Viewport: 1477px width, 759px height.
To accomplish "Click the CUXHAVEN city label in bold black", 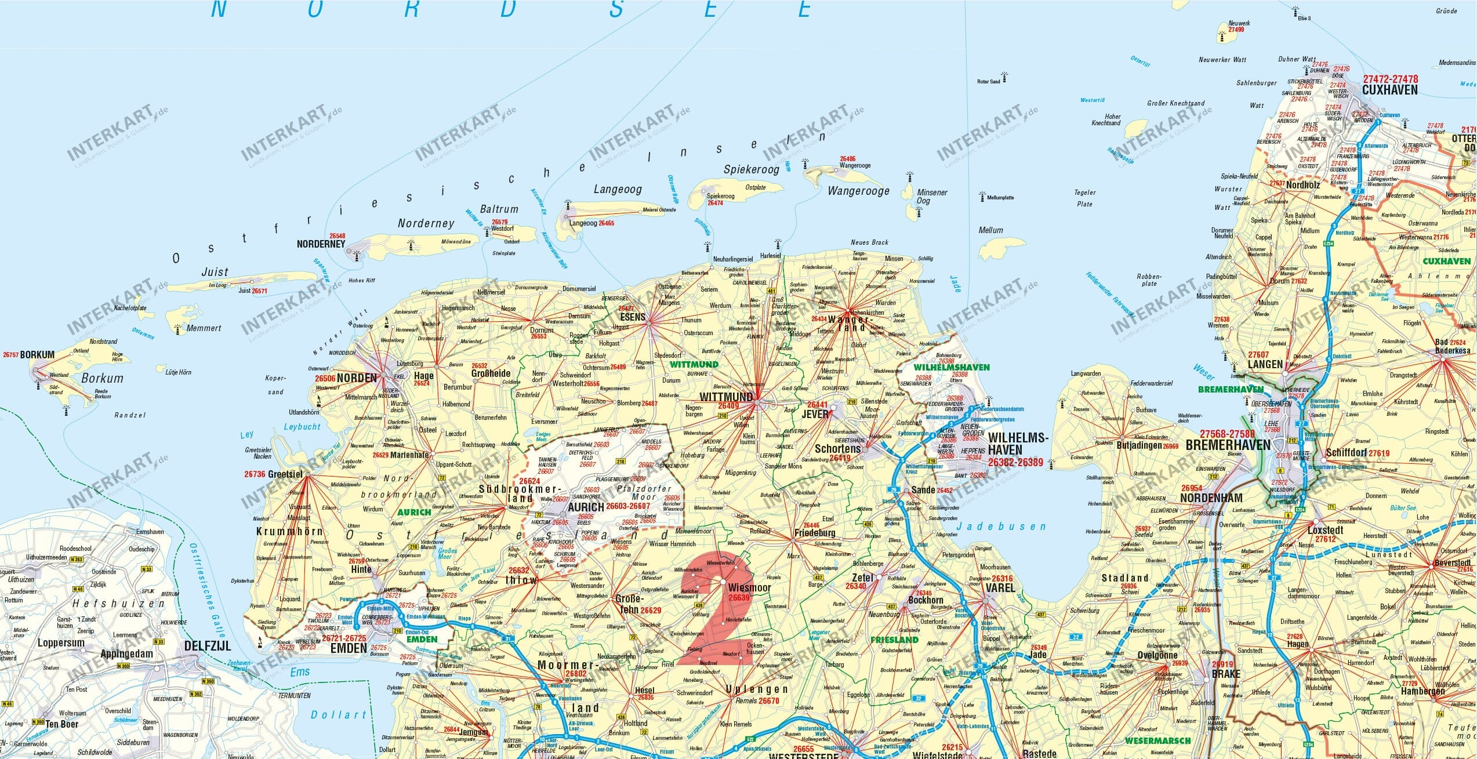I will pos(1389,90).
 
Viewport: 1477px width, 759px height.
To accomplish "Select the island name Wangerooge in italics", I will pos(858,191).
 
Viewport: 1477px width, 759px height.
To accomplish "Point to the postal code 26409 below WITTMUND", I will pos(728,406).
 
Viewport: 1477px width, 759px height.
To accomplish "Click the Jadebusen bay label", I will pos(1001,527).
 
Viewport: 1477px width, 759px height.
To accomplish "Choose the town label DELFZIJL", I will pos(208,646).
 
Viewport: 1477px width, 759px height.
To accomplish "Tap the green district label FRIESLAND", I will pos(894,640).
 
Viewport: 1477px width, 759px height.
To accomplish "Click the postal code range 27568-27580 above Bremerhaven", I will pos(1227,434).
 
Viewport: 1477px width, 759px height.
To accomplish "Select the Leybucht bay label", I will pos(302,427).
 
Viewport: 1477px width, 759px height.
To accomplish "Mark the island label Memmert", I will pos(204,328).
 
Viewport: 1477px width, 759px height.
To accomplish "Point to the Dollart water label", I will pos(339,714).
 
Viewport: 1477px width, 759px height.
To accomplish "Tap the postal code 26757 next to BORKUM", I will pos(10,354).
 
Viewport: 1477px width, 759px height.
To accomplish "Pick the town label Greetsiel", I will pos(285,474).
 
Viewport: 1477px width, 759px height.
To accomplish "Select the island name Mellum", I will pos(990,230).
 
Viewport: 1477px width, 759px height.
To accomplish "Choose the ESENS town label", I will pos(633,317).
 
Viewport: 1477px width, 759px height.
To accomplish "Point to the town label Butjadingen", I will pos(1139,445).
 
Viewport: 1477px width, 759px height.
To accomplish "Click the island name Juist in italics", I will pos(215,272).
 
